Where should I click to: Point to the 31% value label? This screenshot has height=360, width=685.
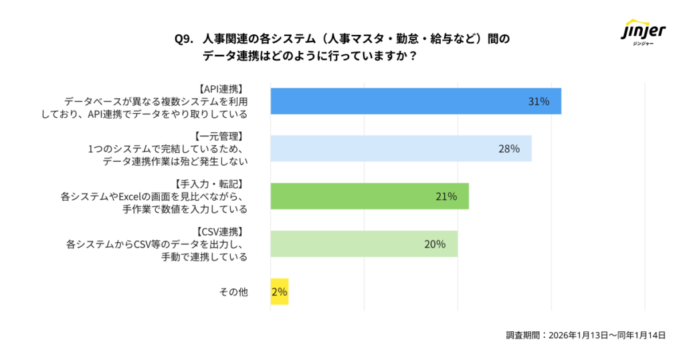coord(539,102)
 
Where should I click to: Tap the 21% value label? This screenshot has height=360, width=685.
coord(446,197)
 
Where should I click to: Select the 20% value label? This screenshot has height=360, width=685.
coord(435,244)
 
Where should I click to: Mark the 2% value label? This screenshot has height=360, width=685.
coord(279,292)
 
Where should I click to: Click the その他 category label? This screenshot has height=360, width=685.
coord(233,292)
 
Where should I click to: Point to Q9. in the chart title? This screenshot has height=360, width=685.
coord(184,39)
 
